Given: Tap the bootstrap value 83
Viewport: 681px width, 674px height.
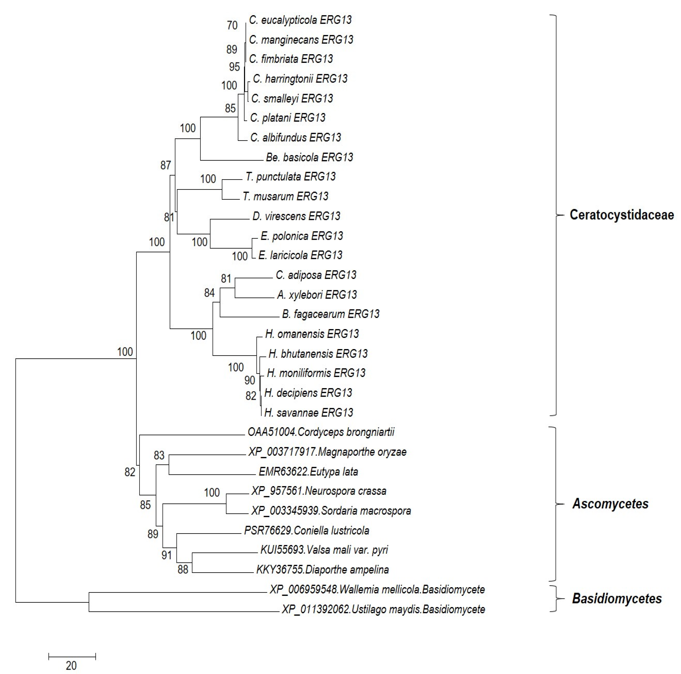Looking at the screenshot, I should (159, 455).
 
